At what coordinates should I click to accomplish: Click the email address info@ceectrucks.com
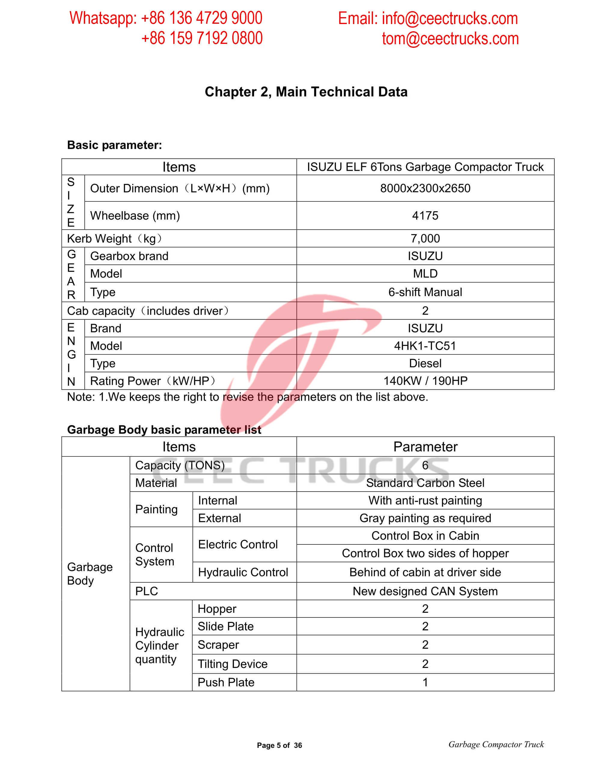450,19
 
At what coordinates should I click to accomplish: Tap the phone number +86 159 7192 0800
202,38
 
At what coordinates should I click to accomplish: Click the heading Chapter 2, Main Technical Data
306,92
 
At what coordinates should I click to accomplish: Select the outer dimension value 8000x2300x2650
425,188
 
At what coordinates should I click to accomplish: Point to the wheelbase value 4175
425,216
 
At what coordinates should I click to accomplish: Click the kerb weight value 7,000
425,238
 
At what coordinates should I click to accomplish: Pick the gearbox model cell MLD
425,274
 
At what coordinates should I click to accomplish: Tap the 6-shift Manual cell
425,292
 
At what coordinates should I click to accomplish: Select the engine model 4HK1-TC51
425,345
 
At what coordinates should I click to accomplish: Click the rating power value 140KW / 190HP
425,381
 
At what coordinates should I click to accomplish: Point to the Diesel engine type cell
425,363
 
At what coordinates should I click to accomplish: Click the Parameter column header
425,447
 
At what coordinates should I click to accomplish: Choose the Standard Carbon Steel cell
425,483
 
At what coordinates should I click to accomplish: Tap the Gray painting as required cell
425,518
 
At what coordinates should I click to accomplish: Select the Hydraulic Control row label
243,572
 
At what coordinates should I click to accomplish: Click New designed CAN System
425,591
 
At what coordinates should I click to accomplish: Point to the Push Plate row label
226,682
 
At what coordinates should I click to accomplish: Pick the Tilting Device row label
233,664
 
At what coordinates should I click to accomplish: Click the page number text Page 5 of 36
279,745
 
